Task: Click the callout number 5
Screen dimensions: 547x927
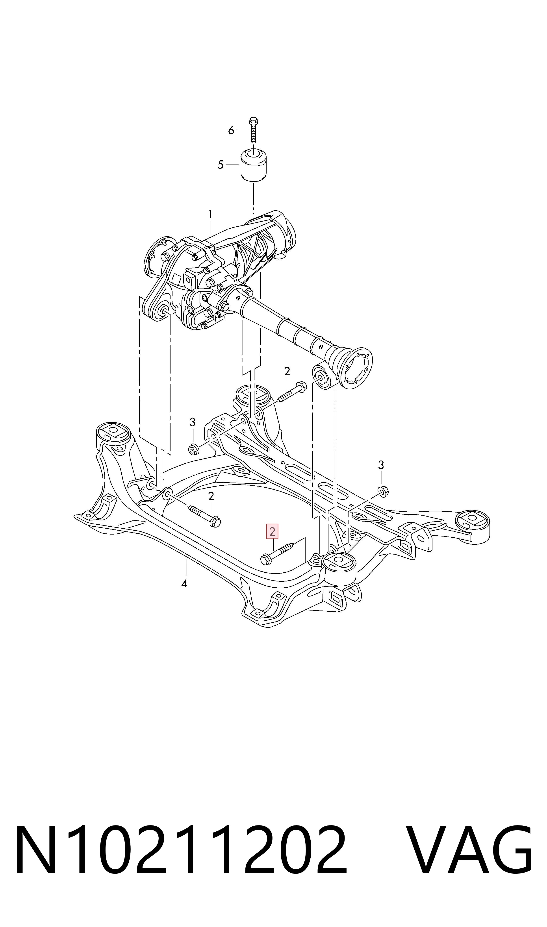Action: [221, 165]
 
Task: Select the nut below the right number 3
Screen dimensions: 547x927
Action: [383, 492]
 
